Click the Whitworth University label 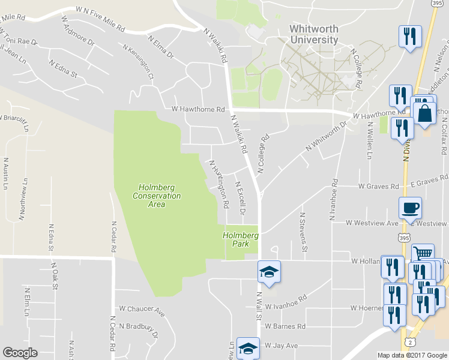(x=314, y=34)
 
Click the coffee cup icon (x=410, y=208)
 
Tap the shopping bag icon (x=424, y=113)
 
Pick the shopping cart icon (x=423, y=253)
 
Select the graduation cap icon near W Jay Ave (x=247, y=347)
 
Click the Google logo (x=21, y=353)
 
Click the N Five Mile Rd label (x=100, y=19)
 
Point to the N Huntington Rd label (x=218, y=184)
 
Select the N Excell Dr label (x=240, y=198)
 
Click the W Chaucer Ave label (x=142, y=310)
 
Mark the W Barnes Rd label (x=286, y=327)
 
